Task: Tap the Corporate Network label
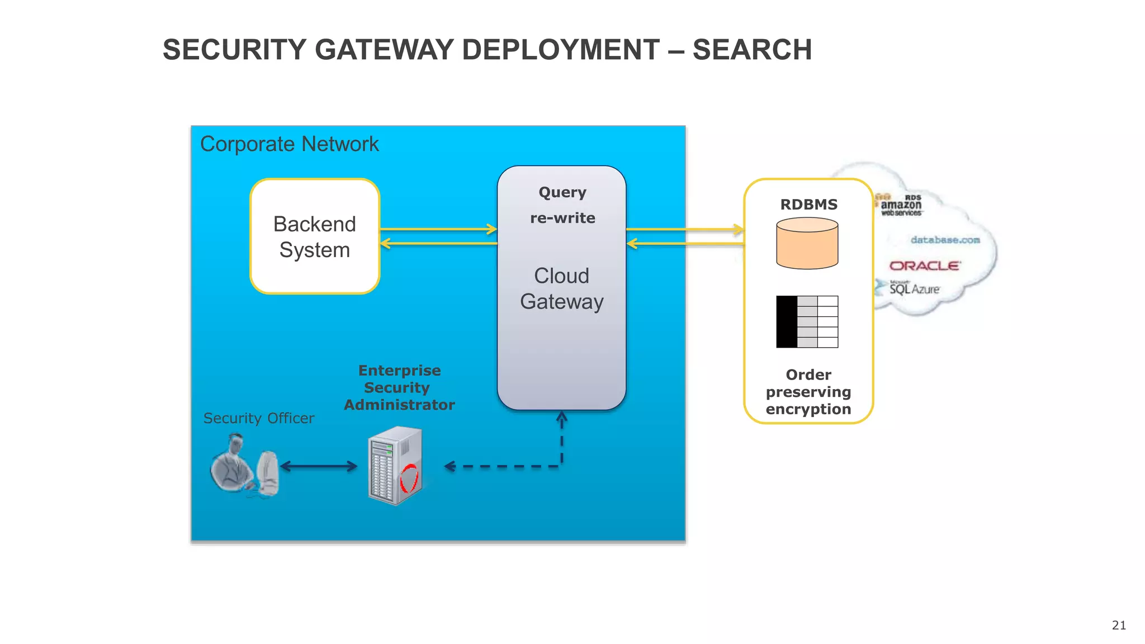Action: pos(289,144)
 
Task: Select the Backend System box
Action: pos(315,236)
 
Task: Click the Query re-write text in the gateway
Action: pos(562,205)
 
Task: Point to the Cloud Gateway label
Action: pos(561,288)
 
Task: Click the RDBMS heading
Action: pos(808,205)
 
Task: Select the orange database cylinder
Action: pos(807,244)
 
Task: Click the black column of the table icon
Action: pos(787,322)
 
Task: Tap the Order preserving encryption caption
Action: pos(808,392)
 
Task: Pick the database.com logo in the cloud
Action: pos(945,240)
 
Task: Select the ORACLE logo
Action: pos(925,266)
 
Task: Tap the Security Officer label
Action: pos(258,418)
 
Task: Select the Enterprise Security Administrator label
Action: pos(399,387)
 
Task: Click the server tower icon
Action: pos(394,466)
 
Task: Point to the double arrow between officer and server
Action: pos(318,466)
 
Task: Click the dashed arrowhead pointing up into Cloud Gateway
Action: pos(562,417)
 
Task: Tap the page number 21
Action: pos(1119,625)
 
